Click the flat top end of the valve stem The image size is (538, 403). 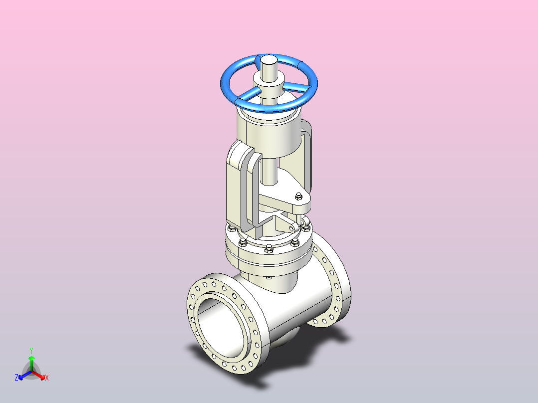269,60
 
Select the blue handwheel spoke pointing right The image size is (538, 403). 297,86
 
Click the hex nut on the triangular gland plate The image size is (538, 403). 298,197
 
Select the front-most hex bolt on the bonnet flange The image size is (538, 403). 269,249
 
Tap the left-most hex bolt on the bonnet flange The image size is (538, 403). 232,228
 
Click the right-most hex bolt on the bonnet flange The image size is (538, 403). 306,228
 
